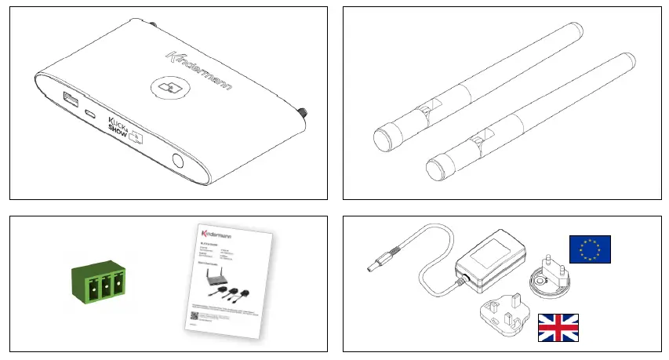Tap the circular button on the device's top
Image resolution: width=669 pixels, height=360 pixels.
click(167, 88)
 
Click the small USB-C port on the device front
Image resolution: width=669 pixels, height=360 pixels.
click(91, 114)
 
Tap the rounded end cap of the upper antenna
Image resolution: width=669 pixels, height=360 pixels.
click(383, 140)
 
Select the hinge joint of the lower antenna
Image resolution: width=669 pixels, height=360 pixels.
click(478, 142)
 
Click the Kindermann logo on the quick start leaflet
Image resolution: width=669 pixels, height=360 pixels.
click(216, 234)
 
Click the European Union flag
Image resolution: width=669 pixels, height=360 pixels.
click(589, 249)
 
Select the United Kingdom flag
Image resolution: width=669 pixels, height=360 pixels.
click(558, 328)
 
